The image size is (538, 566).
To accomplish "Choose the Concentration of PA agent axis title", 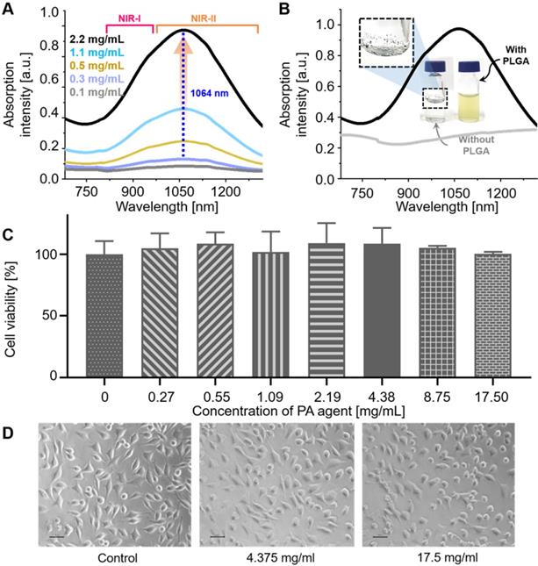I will point(289,410).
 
